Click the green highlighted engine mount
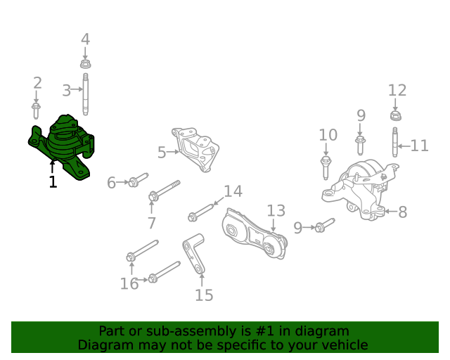65,146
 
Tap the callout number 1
53,182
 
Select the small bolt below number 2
37,110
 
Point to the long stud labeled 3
85,91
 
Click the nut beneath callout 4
85,64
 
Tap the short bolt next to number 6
137,180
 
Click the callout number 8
402,212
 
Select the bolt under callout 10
326,167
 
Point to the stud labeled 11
395,141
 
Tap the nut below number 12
396,115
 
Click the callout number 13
276,210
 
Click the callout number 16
129,283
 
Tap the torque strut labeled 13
253,235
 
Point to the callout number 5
161,152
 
